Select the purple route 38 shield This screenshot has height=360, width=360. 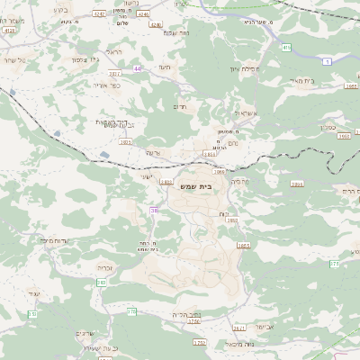154,210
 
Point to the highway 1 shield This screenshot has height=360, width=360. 328,60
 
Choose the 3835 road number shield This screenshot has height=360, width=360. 209,155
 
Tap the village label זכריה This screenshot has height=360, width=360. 104,266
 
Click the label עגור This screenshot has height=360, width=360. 34,293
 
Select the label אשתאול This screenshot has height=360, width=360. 244,113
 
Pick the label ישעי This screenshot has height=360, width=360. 147,176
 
